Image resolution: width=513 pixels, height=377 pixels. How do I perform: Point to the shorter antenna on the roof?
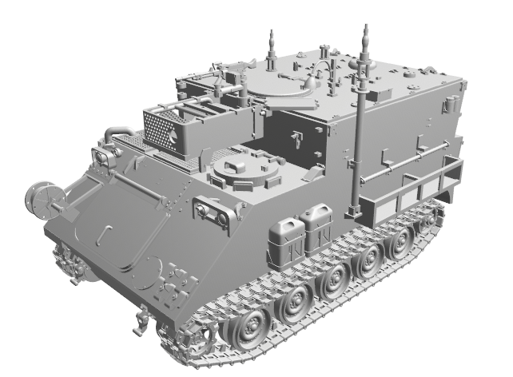tap(271, 38)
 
